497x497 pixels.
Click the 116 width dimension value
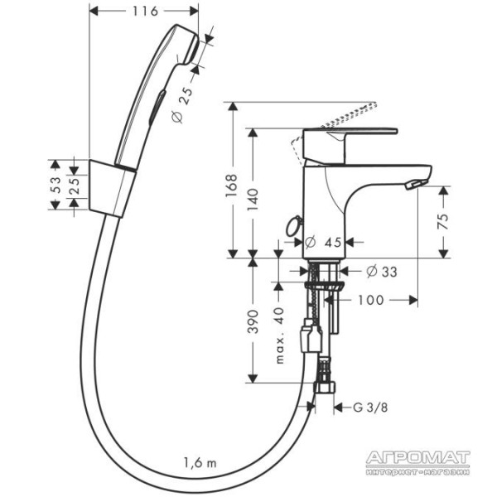[x=145, y=12]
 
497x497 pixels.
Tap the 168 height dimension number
[x=232, y=186]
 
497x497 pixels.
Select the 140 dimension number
[x=253, y=200]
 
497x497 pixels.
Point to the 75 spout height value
[x=443, y=221]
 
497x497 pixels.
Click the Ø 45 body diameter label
[x=323, y=243]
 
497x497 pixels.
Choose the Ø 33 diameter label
[x=381, y=272]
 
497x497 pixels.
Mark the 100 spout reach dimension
[x=370, y=300]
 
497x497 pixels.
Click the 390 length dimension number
[x=253, y=321]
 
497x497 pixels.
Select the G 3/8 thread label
[x=370, y=408]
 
